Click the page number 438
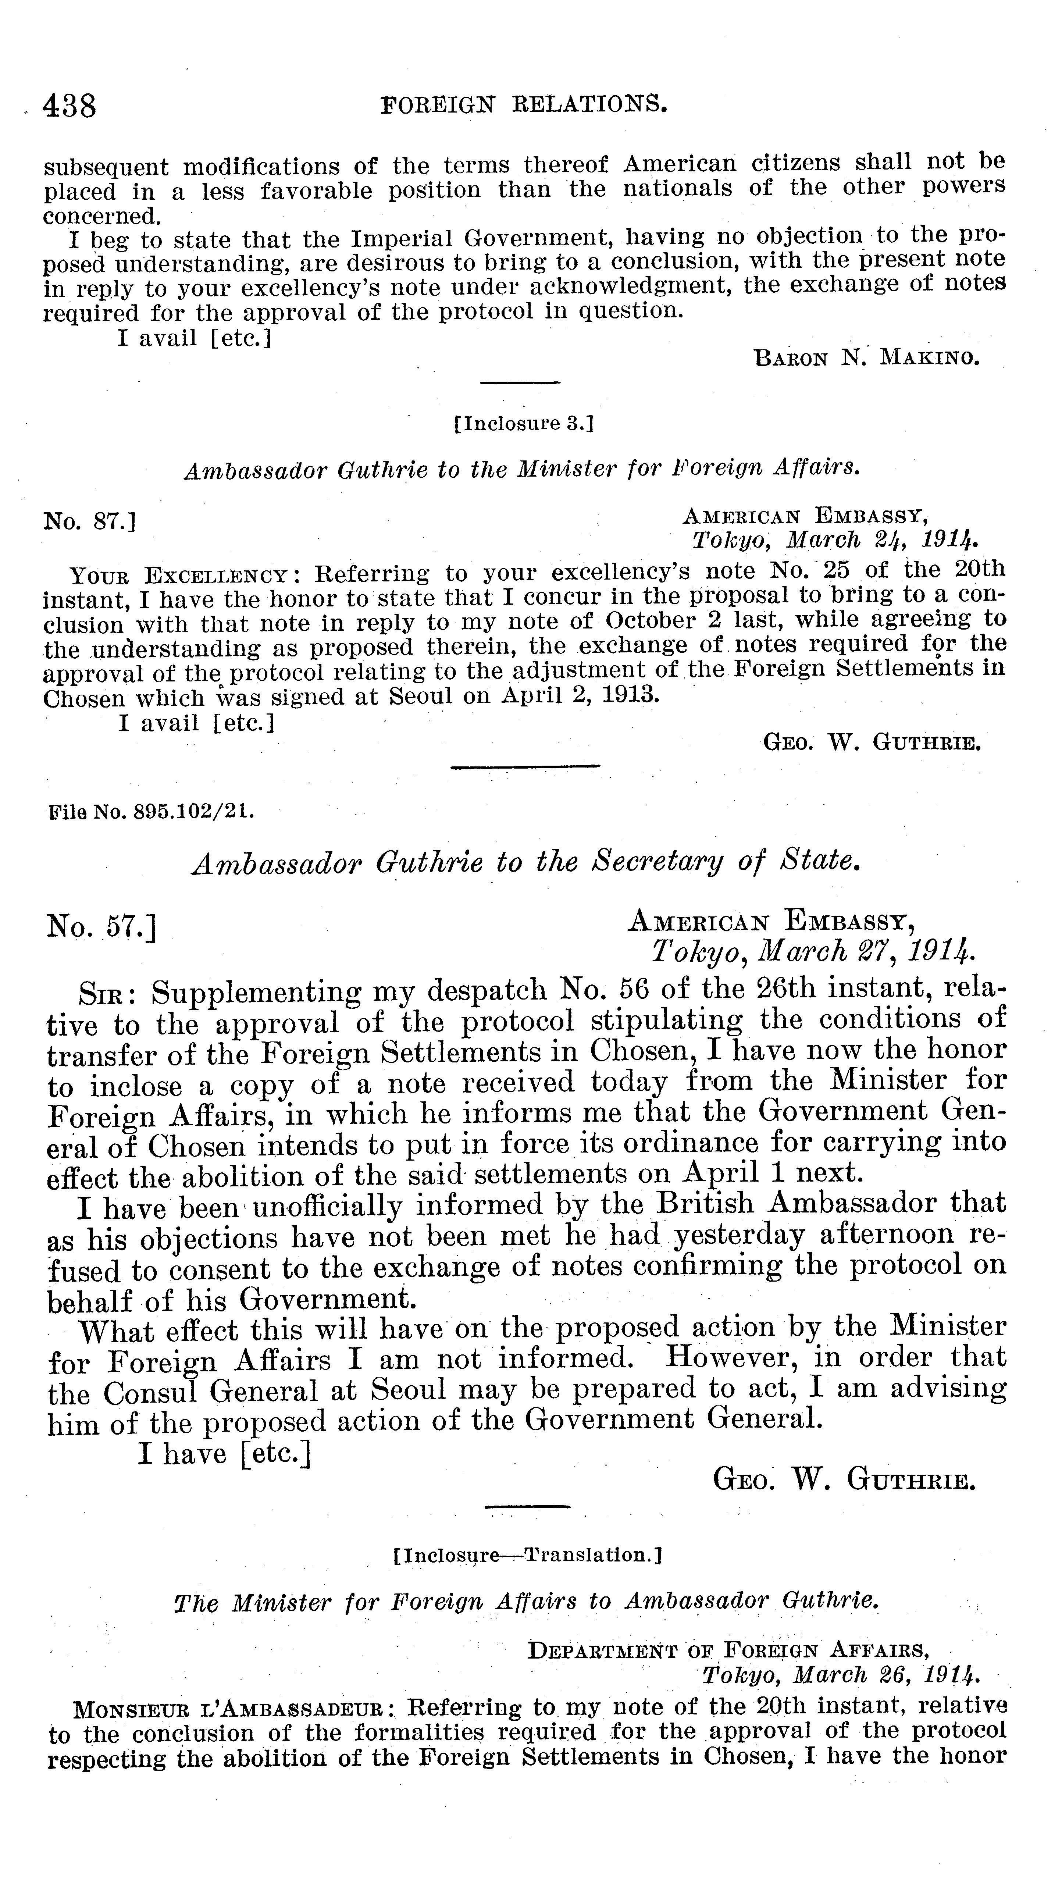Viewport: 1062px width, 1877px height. point(70,107)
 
